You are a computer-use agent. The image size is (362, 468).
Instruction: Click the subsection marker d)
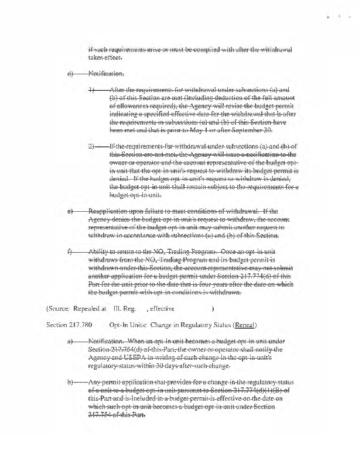(70, 74)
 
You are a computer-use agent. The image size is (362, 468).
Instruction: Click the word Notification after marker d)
(105, 74)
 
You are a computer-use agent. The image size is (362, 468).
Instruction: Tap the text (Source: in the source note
(59, 307)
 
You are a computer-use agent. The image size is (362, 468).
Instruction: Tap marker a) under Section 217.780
(70, 340)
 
